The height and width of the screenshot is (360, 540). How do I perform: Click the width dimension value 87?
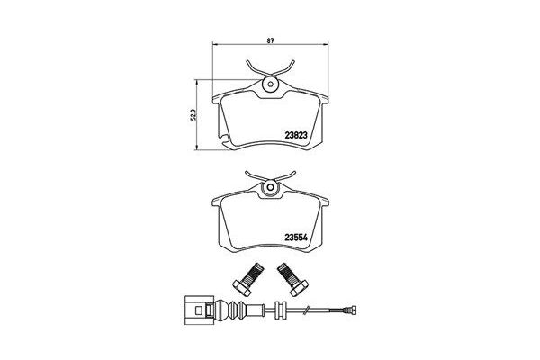click(269, 40)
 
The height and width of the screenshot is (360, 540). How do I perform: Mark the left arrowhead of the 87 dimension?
click(213, 46)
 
